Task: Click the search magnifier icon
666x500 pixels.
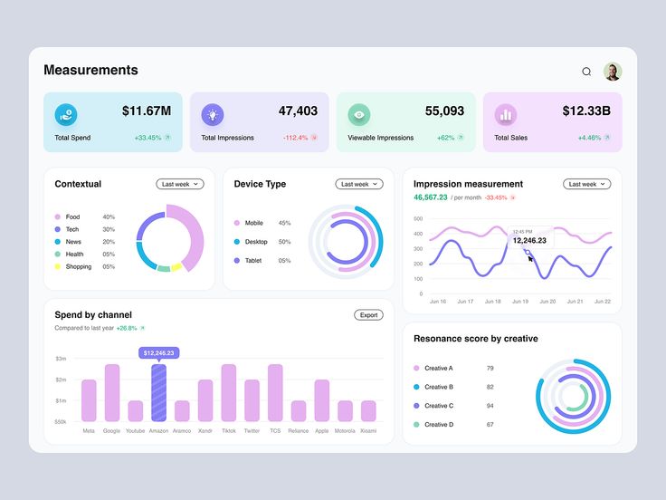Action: pos(586,72)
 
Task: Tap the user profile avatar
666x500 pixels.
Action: pos(613,72)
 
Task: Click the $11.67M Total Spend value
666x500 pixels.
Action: pos(146,111)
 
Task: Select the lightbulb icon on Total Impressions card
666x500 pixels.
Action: pos(213,114)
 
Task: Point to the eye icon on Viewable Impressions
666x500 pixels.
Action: pos(359,114)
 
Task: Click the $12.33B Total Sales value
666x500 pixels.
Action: pos(585,111)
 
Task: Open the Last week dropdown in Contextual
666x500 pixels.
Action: pos(180,184)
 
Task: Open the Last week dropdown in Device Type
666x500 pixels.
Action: pos(359,184)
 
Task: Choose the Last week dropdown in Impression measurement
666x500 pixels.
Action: pos(587,184)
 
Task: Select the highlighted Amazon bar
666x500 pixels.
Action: pos(158,392)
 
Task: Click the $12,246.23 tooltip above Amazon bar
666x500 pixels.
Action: pos(158,352)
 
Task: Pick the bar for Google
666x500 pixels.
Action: pos(112,392)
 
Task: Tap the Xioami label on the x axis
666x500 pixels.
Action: pos(368,431)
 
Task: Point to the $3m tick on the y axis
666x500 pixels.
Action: pos(61,359)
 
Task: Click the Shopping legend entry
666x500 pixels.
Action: pos(78,267)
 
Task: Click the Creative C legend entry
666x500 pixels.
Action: pos(438,406)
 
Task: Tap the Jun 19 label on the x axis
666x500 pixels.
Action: pos(519,302)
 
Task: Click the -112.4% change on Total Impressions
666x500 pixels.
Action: pos(296,138)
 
